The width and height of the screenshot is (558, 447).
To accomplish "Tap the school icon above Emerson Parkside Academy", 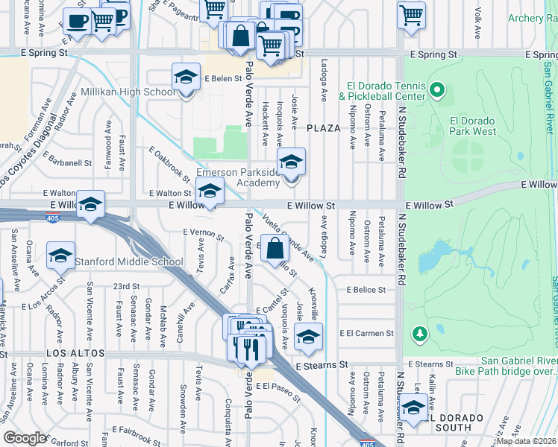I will [291, 160].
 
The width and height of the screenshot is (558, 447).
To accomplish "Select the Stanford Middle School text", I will [128, 261].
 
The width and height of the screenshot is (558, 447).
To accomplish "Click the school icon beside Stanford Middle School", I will [60, 256].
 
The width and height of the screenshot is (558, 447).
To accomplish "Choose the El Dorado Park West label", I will [473, 126].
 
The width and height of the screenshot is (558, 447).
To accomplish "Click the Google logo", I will [25, 438].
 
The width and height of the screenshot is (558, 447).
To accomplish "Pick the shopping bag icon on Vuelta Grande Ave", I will [275, 249].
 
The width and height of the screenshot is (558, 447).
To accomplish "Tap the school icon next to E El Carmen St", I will [308, 336].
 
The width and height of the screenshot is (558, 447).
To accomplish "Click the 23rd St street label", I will [126, 286].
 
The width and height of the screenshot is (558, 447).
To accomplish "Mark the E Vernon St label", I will [204, 234].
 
